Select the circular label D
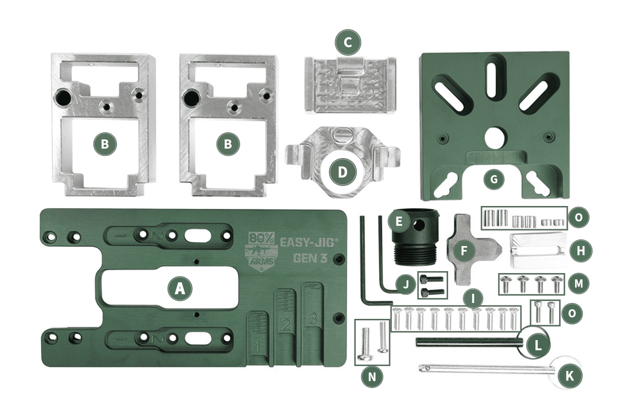[x=342, y=173]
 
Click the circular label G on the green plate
[x=493, y=180]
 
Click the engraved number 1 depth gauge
[x=259, y=345]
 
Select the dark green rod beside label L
[x=466, y=342]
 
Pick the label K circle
[x=570, y=376]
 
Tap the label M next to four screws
[x=578, y=284]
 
